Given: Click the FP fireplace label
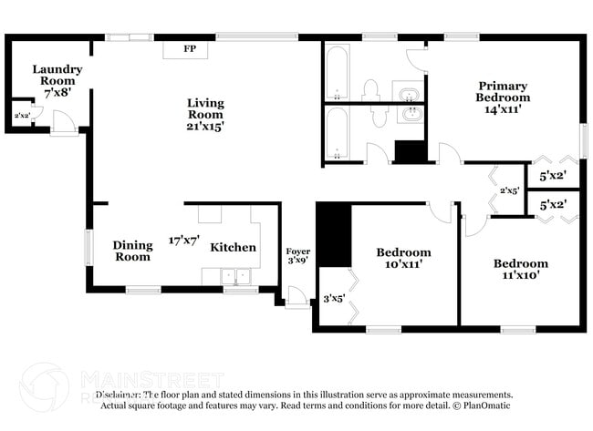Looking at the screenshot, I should (190, 48).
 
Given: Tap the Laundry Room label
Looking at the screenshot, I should (57, 75).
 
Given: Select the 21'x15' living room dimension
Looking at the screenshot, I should (205, 127).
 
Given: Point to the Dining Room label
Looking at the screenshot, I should (132, 251).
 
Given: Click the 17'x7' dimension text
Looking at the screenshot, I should (184, 241).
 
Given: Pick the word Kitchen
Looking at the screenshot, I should (234, 247).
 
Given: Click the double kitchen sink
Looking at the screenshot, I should (234, 277).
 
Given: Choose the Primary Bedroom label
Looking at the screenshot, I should (504, 91).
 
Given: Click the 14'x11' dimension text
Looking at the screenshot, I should (504, 108).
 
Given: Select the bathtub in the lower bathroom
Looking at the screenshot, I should (337, 134).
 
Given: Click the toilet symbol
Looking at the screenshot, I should (370, 89).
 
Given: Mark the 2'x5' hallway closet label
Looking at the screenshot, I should (509, 190).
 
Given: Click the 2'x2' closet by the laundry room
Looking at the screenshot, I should (20, 116).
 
